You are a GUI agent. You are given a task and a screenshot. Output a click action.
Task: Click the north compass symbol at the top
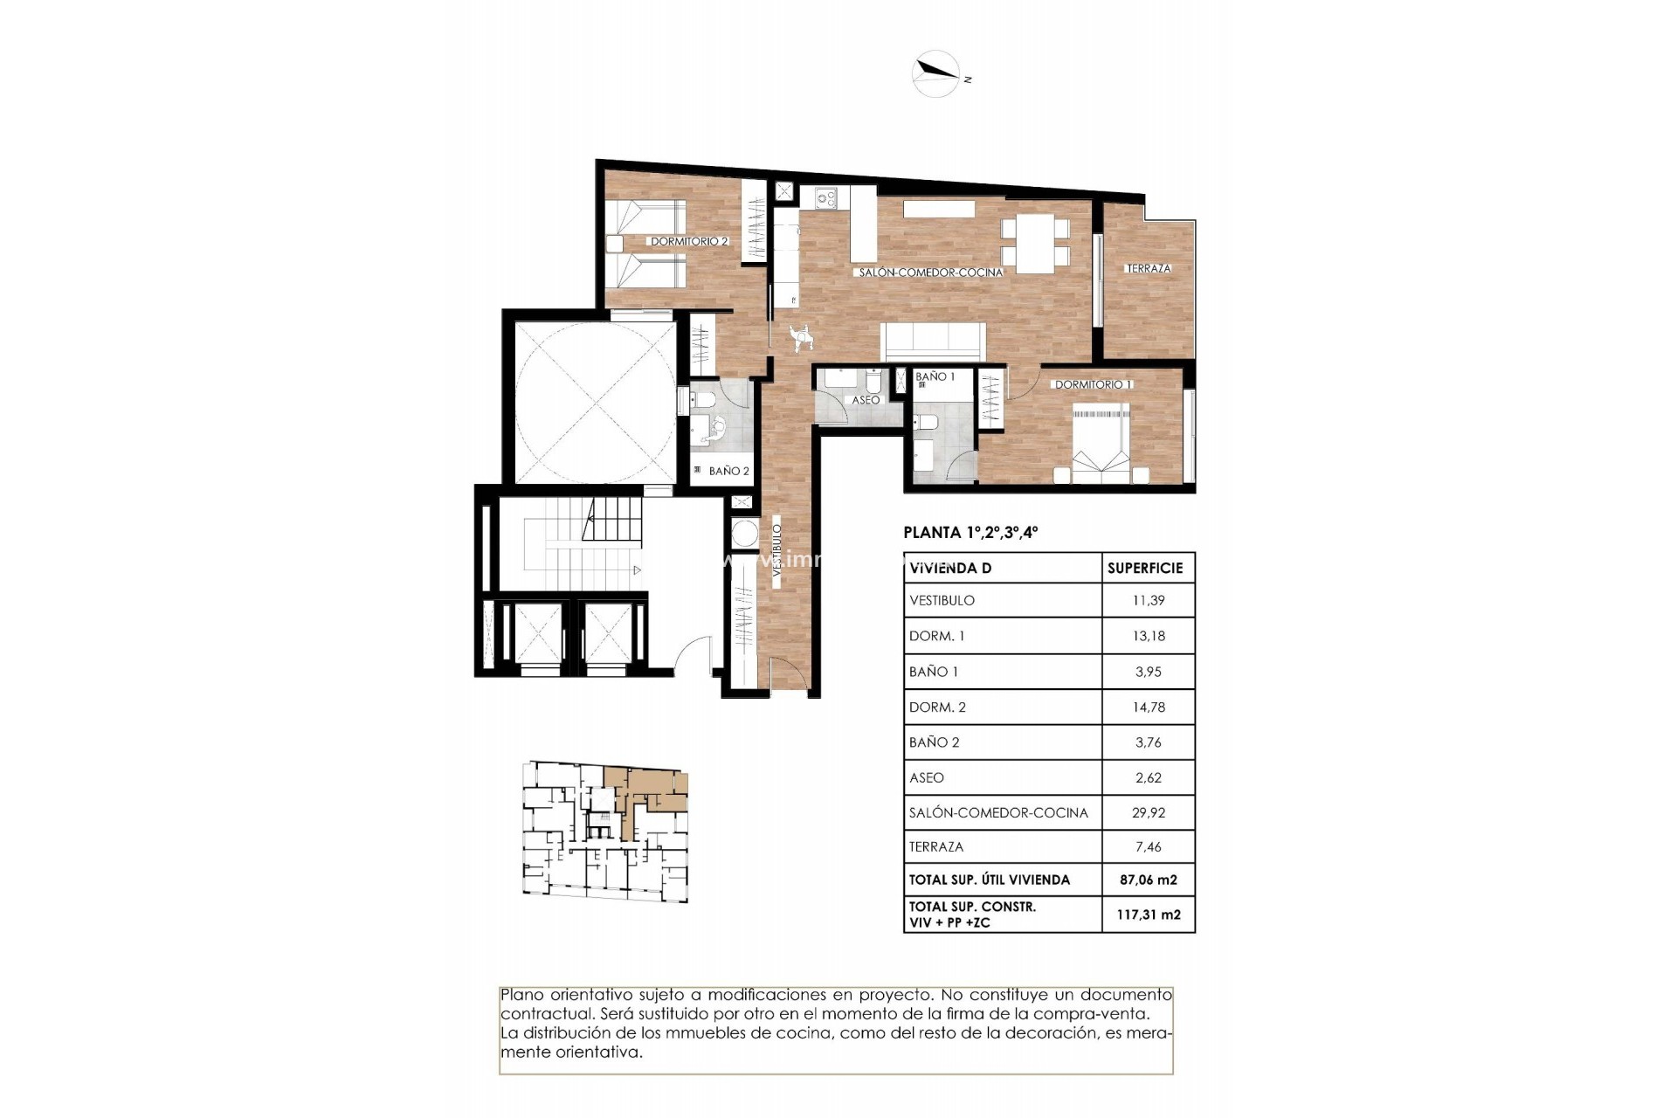tap(936, 73)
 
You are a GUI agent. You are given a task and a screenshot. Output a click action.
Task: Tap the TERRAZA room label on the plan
tap(1148, 268)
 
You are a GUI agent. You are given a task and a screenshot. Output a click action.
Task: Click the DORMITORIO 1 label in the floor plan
tap(1093, 384)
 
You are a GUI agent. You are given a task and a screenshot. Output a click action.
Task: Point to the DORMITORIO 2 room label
tap(688, 241)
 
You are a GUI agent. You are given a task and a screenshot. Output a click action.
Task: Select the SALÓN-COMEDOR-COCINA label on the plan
tap(930, 273)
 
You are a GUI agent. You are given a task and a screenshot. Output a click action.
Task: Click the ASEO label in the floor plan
tap(866, 400)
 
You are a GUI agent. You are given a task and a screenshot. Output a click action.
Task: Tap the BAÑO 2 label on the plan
tap(728, 471)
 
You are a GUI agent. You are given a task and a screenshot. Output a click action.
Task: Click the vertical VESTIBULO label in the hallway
tap(776, 548)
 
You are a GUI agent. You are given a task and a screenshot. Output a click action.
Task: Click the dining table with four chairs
tap(1035, 243)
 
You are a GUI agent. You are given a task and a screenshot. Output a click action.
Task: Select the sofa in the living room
tap(934, 341)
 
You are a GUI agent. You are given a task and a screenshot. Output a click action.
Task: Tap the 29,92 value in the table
tap(1148, 812)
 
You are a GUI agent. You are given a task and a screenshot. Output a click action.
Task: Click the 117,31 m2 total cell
tap(1148, 914)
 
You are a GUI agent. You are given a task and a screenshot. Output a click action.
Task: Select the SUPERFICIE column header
tap(1144, 568)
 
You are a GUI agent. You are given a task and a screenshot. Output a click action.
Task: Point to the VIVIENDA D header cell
tap(950, 568)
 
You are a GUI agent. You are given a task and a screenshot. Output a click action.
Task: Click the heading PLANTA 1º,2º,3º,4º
tap(970, 532)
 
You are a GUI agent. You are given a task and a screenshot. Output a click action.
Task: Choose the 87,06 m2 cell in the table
tap(1148, 880)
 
